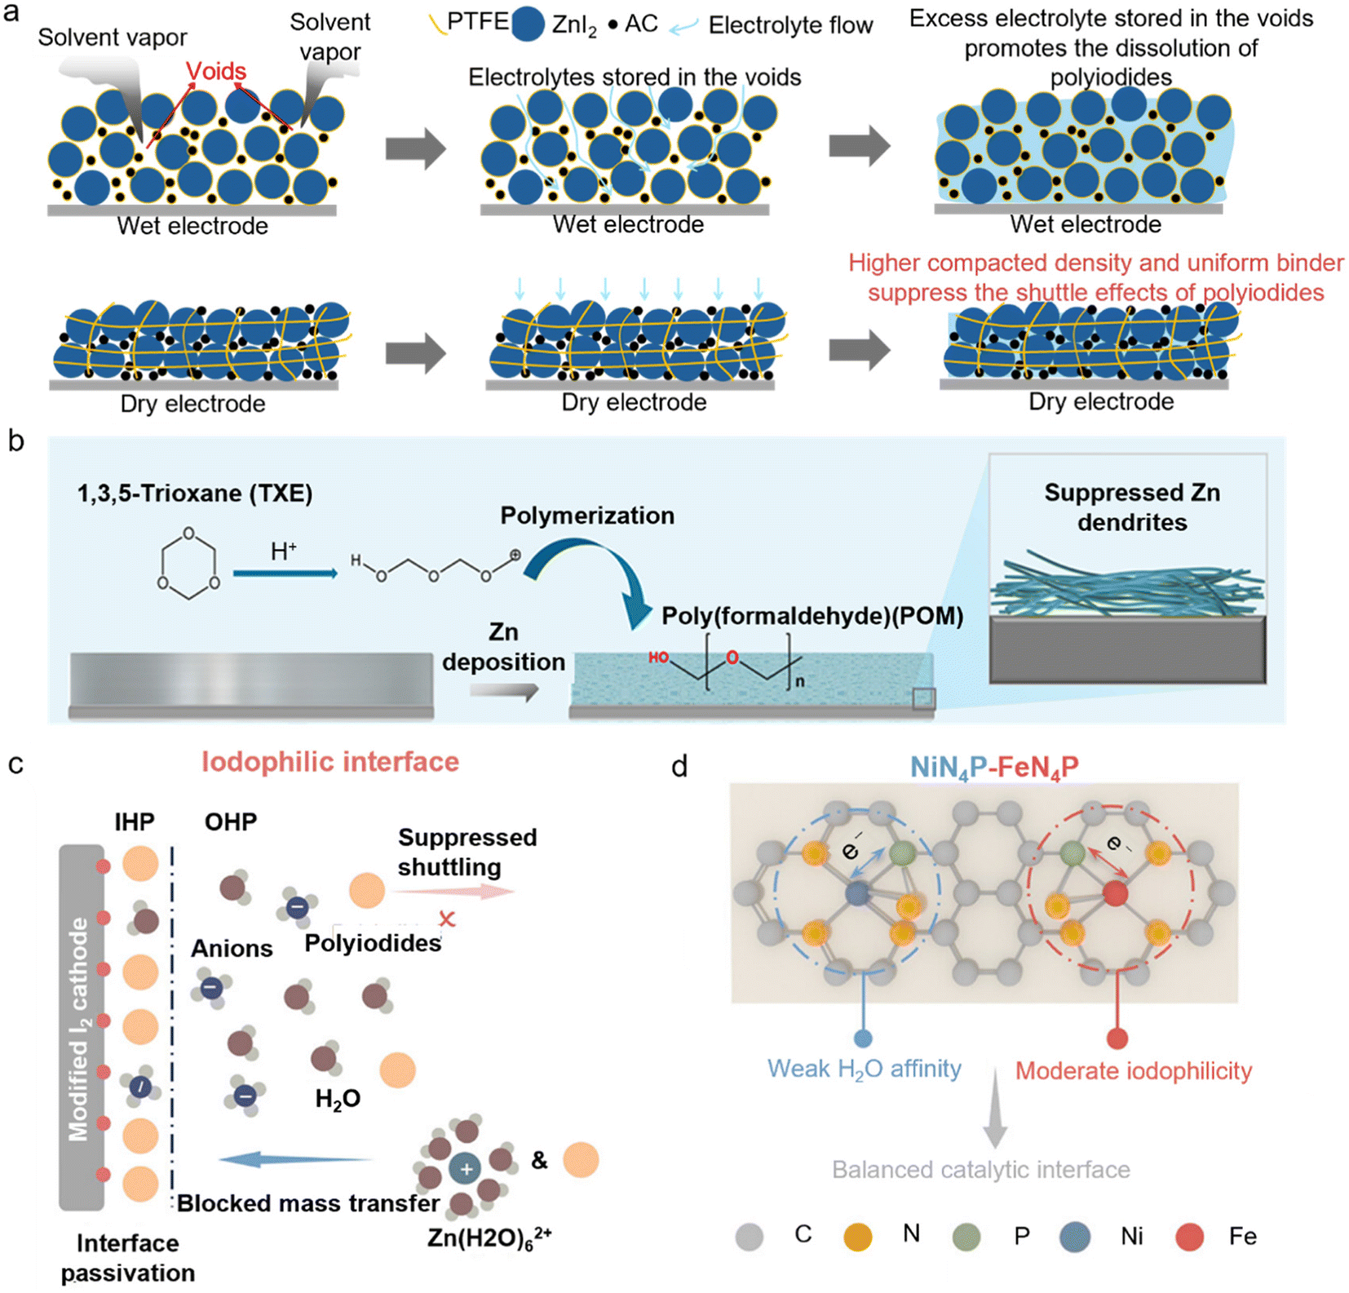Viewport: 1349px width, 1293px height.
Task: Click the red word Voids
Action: click(x=216, y=72)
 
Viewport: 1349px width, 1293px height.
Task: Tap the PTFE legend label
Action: click(x=477, y=22)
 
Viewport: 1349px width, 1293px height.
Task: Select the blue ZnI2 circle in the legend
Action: click(x=528, y=25)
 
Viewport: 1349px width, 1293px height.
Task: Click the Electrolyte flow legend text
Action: click(x=789, y=25)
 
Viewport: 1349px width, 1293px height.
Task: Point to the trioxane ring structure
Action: click(x=188, y=563)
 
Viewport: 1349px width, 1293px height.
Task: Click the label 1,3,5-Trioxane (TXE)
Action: click(x=194, y=494)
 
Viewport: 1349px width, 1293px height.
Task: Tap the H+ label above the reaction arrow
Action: click(x=283, y=551)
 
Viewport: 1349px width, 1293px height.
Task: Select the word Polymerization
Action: click(x=587, y=516)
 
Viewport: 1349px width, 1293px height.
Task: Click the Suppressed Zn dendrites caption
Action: click(x=1132, y=507)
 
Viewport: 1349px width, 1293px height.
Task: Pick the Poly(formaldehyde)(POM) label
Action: click(x=812, y=616)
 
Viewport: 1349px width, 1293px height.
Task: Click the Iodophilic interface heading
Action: click(x=330, y=762)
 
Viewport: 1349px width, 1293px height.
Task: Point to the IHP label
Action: click(x=135, y=821)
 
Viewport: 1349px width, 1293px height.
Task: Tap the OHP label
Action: click(x=231, y=821)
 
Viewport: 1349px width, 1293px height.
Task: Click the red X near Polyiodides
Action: click(x=446, y=919)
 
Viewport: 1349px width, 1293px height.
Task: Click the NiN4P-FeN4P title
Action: click(x=994, y=767)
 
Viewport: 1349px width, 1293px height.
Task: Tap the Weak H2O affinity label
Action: click(x=864, y=1069)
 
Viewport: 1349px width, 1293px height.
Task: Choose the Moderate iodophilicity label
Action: click(x=1133, y=1071)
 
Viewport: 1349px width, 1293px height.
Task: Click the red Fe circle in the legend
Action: click(x=1189, y=1237)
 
